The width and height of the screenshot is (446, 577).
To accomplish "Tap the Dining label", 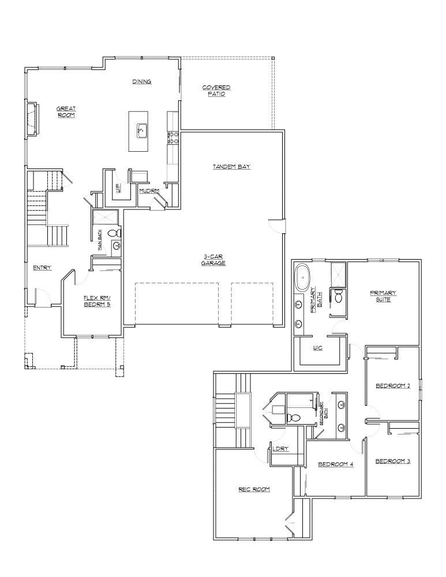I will coord(142,82).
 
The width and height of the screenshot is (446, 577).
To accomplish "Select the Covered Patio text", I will coord(216,91).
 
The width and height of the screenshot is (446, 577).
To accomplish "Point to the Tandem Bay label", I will coord(231,167).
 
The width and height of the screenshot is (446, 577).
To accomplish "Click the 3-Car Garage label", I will coord(213,260).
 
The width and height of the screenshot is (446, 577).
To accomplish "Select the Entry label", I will coord(43,268).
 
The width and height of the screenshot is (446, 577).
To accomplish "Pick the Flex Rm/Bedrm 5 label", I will coord(96,301).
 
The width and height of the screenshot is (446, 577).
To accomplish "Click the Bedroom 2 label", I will coord(392,386).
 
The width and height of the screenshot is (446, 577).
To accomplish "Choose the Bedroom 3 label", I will coord(392,461).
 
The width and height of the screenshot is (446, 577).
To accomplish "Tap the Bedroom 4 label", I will coord(335,464).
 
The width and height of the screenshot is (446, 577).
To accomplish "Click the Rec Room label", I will coord(254,489).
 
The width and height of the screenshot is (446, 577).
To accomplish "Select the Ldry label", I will coord(282,449).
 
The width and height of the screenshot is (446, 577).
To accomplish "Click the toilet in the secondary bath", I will coord(295,417).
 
